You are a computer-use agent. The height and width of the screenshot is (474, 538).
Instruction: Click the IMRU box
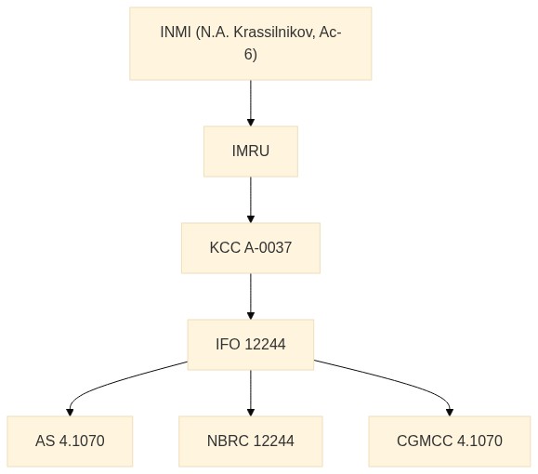(251, 151)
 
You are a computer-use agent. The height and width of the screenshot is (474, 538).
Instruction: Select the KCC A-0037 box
(251, 248)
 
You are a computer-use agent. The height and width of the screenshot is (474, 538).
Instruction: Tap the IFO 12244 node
(251, 345)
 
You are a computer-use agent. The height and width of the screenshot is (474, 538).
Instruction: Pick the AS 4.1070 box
(70, 441)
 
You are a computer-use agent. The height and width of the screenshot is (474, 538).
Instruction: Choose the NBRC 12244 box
(251, 441)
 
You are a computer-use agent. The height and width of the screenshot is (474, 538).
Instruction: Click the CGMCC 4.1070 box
(450, 441)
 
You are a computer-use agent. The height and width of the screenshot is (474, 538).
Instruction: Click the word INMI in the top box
(176, 33)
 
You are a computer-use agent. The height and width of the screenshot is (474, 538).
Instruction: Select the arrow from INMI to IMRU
(251, 103)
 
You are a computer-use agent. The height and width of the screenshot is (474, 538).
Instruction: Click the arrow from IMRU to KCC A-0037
(251, 200)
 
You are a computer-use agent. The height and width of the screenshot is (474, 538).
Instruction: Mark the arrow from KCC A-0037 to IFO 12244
(251, 296)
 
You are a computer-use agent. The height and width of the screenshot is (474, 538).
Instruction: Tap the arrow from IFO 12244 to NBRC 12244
(251, 393)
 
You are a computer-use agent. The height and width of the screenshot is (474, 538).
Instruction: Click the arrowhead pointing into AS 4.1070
(70, 413)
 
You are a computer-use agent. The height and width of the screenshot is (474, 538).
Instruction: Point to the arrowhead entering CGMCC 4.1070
(450, 413)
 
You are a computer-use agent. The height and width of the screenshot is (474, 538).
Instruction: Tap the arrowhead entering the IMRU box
(251, 122)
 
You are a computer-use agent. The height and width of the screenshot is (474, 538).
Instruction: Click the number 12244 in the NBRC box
(274, 441)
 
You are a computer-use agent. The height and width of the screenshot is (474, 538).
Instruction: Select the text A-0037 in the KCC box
(268, 248)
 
